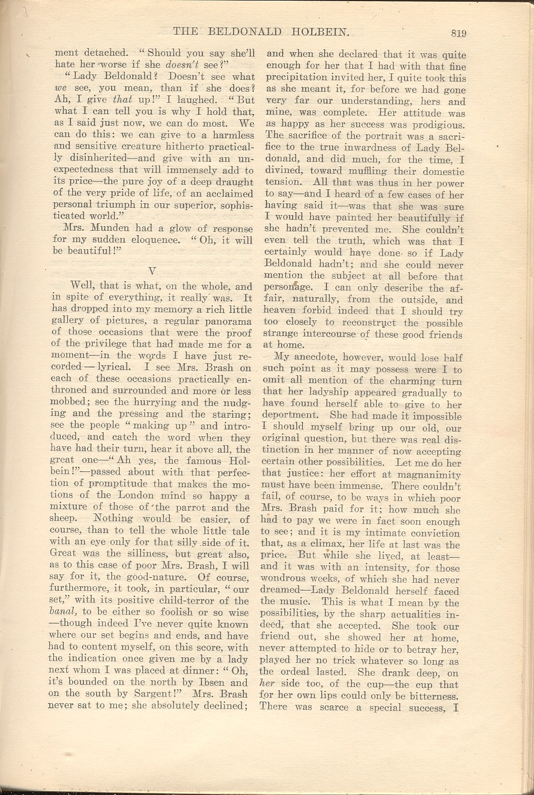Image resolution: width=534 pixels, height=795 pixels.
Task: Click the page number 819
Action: tap(458, 33)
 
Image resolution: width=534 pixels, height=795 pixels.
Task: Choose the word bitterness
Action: tap(430, 696)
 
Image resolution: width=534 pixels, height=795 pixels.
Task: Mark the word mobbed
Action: tap(70, 402)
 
